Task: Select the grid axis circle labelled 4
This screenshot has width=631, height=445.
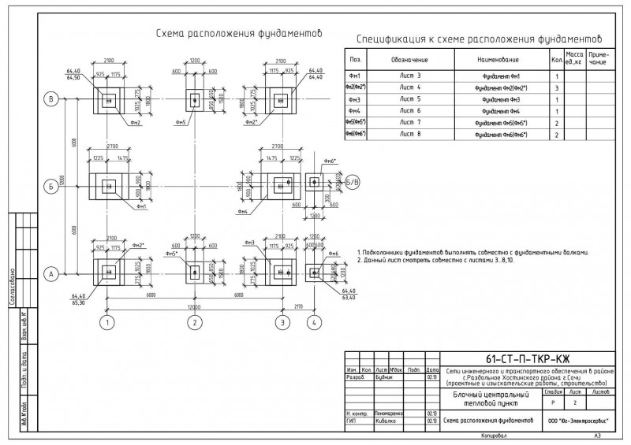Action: [315, 322]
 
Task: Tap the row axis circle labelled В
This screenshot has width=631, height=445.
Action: [53, 98]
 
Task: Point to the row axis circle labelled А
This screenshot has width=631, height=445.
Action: [53, 274]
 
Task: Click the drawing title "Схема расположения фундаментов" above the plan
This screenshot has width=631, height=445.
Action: [240, 34]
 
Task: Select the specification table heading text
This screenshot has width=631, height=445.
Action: [479, 38]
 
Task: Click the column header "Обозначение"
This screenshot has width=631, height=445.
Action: [409, 60]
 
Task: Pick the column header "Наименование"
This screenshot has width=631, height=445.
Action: [498, 60]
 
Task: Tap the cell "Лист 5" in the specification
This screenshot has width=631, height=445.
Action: [411, 99]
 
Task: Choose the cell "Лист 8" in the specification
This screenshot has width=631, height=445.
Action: [411, 135]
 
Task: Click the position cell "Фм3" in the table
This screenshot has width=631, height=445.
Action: [355, 99]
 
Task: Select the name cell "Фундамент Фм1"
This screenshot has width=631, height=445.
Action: [498, 76]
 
